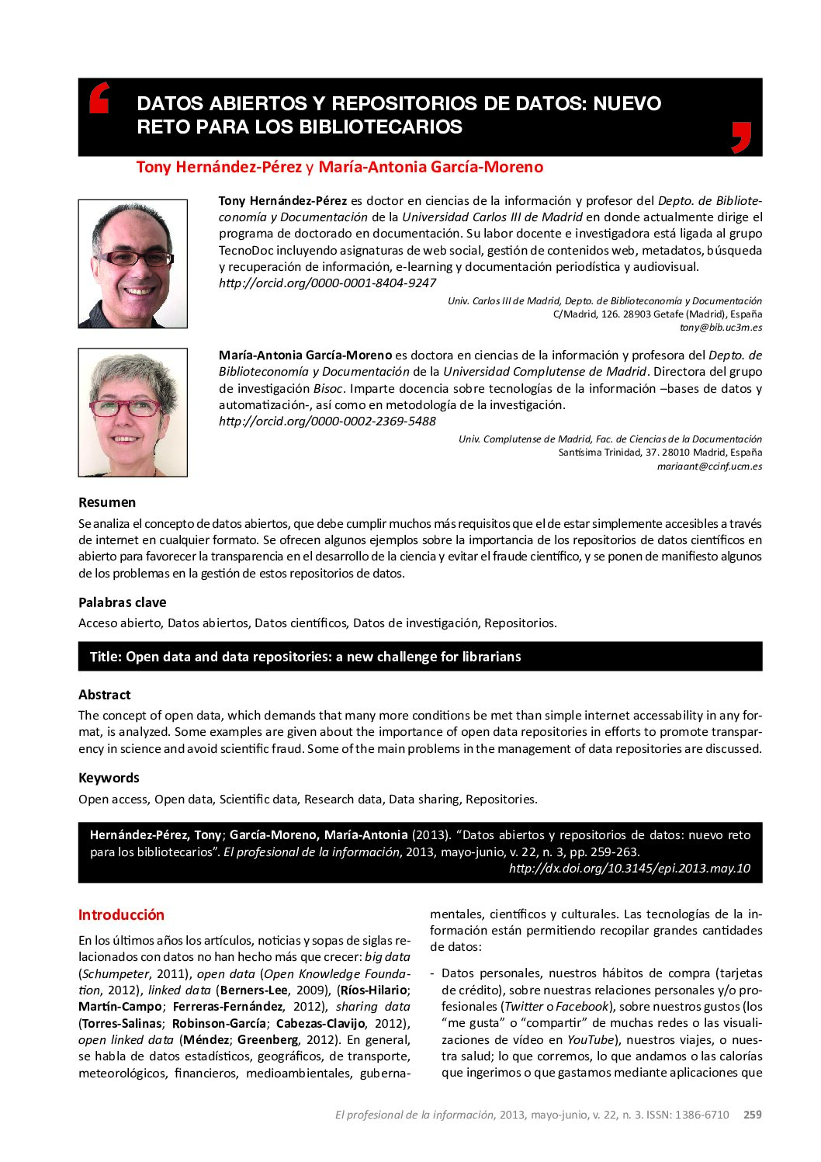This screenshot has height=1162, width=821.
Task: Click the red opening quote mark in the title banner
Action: pos(99,98)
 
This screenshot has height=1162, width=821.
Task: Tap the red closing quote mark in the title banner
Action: pos(741,137)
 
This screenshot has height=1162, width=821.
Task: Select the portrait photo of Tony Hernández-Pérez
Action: pos(133,264)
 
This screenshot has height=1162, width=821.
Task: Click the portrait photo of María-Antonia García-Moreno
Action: pos(133,412)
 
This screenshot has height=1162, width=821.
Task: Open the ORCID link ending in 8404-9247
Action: pos(327,283)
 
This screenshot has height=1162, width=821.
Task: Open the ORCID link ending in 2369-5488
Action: pos(327,421)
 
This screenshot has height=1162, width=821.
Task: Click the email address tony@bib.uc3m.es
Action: pos(721,328)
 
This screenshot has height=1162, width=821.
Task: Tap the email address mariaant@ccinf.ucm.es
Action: pos(709,467)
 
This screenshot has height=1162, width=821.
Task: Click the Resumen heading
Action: pos(107,502)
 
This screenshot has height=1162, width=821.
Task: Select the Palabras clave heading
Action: pos(122,602)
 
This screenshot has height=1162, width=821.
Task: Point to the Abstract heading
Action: pos(105,695)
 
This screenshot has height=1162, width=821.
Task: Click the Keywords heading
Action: pos(109,778)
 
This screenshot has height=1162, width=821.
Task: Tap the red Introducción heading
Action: pos(121,914)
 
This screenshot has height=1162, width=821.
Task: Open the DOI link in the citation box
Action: pos(629,869)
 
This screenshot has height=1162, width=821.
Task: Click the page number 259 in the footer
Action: pos(753,1115)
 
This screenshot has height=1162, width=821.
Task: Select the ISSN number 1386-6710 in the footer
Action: pos(701,1115)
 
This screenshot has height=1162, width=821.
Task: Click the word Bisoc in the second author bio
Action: pos(328,389)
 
